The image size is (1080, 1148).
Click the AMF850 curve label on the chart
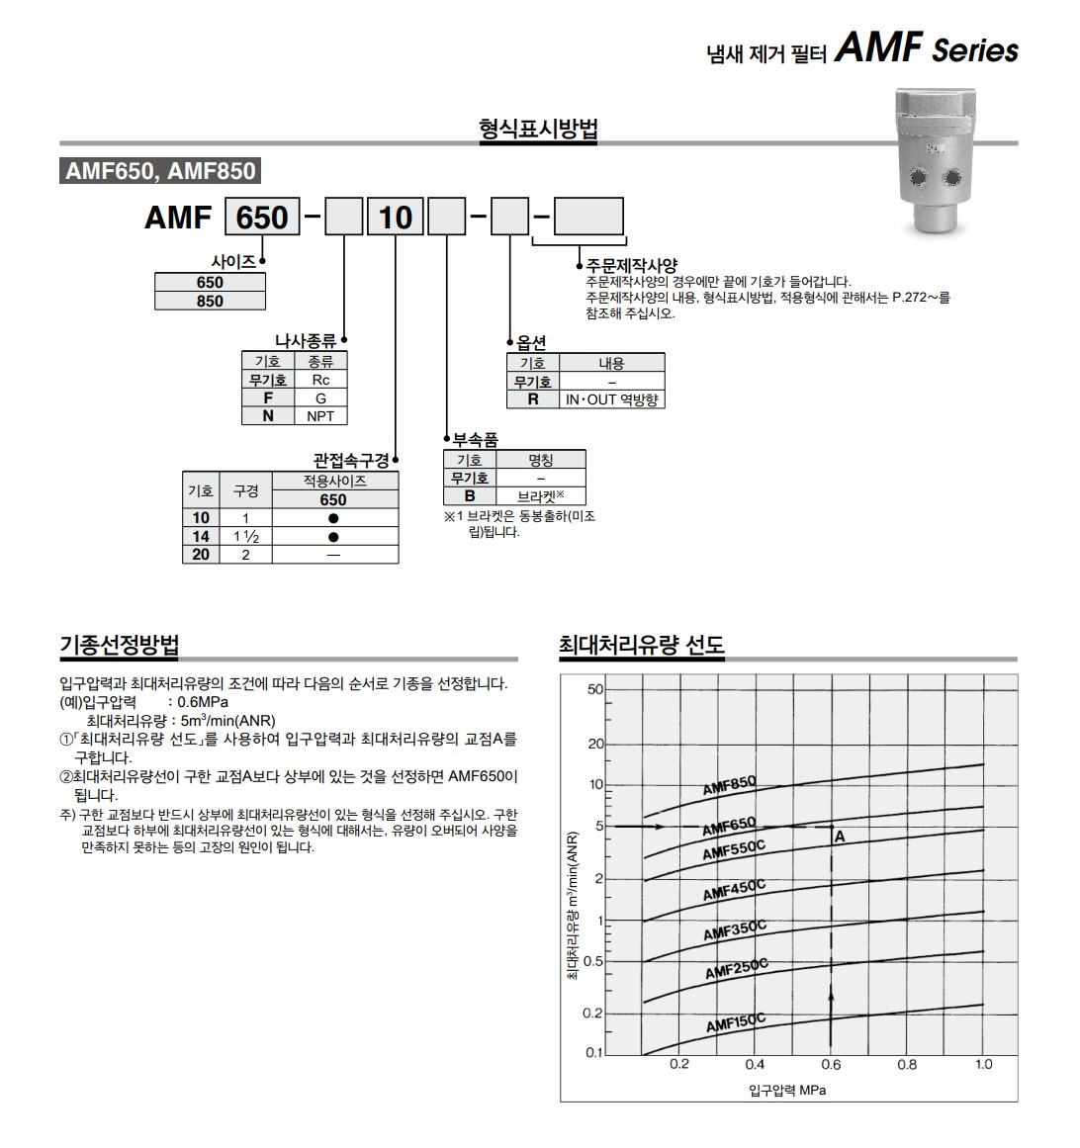pyautogui.click(x=729, y=784)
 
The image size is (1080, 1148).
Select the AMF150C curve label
pyautogui.click(x=736, y=1022)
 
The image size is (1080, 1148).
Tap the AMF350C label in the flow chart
pyautogui.click(x=735, y=929)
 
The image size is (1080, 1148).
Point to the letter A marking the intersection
pyautogui.click(x=840, y=837)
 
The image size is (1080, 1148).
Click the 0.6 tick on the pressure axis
pyautogui.click(x=831, y=1065)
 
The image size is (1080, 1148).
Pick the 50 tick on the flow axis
pyautogui.click(x=594, y=689)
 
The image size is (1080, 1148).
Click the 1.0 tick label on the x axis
pyautogui.click(x=983, y=1065)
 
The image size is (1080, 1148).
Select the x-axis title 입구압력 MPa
pyautogui.click(x=787, y=1091)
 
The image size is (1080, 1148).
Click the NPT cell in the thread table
pyautogui.click(x=320, y=416)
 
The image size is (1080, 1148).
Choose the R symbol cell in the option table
pyautogui.click(x=533, y=399)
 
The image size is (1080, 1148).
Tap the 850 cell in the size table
pyautogui.click(x=210, y=301)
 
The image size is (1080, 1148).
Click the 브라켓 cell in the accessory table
pyautogui.click(x=541, y=495)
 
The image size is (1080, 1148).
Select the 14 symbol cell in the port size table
pyautogui.click(x=201, y=536)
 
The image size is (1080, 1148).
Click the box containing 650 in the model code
pyautogui.click(x=262, y=217)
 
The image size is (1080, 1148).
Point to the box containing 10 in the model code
pyautogui.click(x=396, y=217)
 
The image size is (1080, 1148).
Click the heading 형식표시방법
pyautogui.click(x=538, y=129)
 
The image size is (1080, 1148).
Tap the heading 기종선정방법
pyautogui.click(x=120, y=645)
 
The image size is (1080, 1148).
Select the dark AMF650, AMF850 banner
pyautogui.click(x=160, y=171)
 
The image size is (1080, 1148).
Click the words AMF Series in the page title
pyautogui.click(x=927, y=48)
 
